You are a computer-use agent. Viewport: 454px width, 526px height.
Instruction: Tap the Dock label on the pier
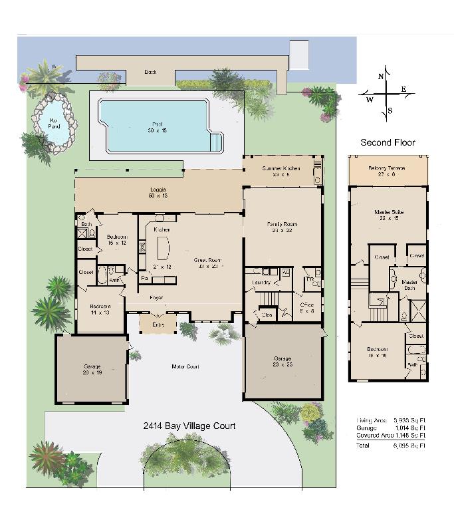150,72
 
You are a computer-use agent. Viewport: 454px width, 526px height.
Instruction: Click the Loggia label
158,194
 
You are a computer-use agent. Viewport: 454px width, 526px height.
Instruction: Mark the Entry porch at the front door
158,325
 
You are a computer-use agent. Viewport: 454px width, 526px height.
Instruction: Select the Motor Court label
185,366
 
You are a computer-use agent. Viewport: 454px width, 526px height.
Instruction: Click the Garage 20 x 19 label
92,369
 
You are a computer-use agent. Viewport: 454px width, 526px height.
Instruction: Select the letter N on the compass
381,76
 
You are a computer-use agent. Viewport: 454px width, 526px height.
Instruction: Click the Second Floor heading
388,142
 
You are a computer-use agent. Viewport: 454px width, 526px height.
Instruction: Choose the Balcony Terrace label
387,171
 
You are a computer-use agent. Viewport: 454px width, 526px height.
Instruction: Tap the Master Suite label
389,215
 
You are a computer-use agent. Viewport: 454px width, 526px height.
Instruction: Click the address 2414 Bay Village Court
189,426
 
